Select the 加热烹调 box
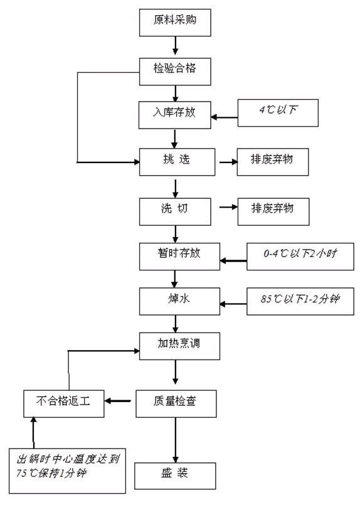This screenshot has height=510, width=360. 179,345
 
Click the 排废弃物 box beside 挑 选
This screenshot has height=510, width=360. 273,161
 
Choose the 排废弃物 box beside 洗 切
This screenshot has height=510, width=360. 273,210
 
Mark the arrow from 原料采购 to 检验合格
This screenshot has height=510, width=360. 176,45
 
